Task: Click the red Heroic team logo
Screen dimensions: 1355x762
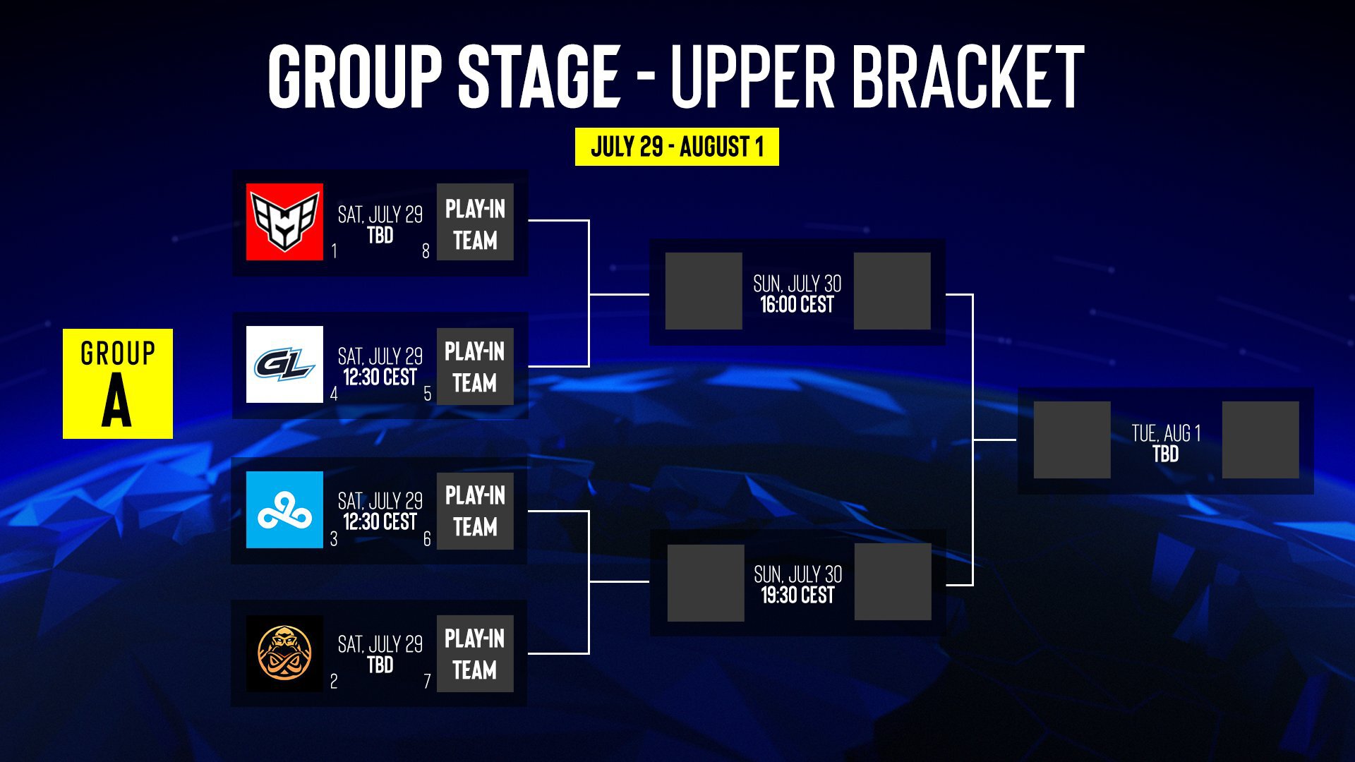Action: (284, 222)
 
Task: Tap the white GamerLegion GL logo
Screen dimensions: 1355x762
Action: (284, 364)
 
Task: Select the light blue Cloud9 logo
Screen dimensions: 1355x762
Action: (284, 509)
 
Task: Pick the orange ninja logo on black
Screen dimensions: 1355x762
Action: (284, 653)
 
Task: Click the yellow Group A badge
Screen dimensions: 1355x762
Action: (118, 384)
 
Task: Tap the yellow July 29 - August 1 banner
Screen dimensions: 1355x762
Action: (677, 147)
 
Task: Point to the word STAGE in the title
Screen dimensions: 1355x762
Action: (539, 76)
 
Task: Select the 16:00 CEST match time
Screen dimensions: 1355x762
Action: (797, 305)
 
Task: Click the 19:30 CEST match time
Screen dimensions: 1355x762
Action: (797, 595)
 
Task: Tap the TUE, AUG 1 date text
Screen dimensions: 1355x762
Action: (1166, 433)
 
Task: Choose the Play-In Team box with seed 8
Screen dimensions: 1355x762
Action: (475, 222)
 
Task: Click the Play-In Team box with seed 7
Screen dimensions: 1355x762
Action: (475, 653)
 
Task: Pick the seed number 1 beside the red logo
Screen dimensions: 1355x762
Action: (334, 251)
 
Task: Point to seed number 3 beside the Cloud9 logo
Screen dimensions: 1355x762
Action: (334, 539)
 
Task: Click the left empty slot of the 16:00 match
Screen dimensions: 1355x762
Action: (704, 291)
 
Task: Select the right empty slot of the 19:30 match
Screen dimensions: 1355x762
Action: (893, 582)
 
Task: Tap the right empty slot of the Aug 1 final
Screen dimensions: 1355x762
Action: (1260, 440)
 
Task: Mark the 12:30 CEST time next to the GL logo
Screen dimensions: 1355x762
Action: (380, 377)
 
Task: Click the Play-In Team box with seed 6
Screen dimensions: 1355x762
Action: (475, 511)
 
